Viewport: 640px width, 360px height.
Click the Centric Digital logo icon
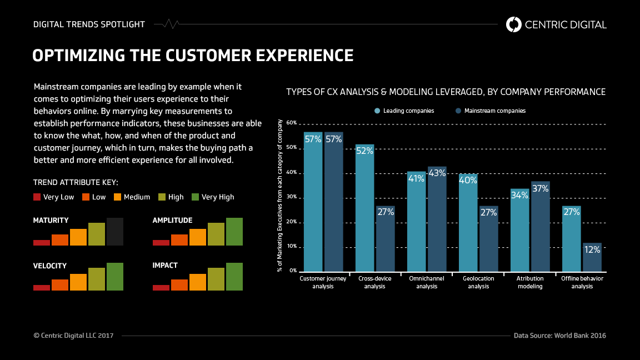(514, 24)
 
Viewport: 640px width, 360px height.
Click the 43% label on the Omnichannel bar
(437, 173)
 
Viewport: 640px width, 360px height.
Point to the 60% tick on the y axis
(292, 122)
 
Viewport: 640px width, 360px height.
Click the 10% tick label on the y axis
(292, 246)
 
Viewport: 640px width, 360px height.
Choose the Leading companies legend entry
(404, 111)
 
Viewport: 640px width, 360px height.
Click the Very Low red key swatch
(37, 197)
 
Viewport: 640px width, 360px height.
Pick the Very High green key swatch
(195, 197)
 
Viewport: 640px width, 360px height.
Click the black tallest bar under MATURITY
(115, 232)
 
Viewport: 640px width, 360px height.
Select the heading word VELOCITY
(50, 266)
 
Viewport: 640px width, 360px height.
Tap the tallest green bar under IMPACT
(234, 276)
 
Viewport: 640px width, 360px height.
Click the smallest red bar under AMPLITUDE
(161, 242)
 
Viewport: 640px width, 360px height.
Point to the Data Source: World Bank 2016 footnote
(559, 336)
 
